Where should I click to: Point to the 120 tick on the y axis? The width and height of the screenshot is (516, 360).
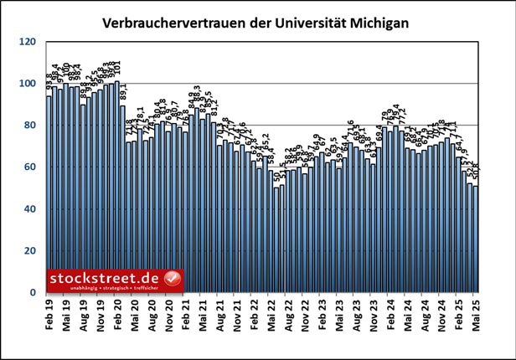coord(28,42)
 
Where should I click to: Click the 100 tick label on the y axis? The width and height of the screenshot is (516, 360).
coord(28,84)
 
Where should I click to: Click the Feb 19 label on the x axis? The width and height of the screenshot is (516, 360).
coord(49,313)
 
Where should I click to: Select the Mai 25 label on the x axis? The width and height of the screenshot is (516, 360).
coord(476,313)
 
